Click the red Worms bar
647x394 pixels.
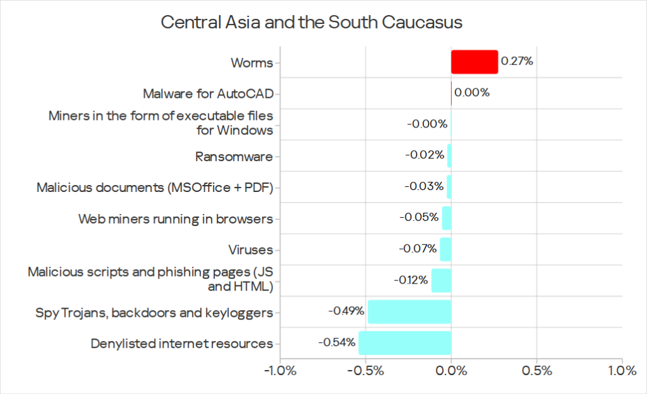click(474, 62)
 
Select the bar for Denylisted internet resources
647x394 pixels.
click(404, 343)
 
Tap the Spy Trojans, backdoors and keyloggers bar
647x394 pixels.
click(409, 312)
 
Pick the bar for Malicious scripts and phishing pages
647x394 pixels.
click(441, 280)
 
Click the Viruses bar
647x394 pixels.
click(445, 249)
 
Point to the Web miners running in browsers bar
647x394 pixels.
click(446, 218)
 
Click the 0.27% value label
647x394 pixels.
click(516, 62)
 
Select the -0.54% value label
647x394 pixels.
click(336, 343)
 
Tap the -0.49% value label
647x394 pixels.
click(346, 311)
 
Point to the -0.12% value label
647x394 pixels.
click(409, 280)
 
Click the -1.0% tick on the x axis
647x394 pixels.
click(280, 371)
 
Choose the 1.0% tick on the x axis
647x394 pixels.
click(621, 371)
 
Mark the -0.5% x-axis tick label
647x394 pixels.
click(365, 371)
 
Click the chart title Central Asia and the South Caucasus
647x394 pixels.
click(311, 23)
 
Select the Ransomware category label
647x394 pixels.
click(234, 156)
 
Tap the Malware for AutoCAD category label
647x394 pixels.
click(208, 93)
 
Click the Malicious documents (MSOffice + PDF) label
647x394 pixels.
click(155, 188)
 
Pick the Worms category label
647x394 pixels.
click(251, 63)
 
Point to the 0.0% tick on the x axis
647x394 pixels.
click(451, 371)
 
